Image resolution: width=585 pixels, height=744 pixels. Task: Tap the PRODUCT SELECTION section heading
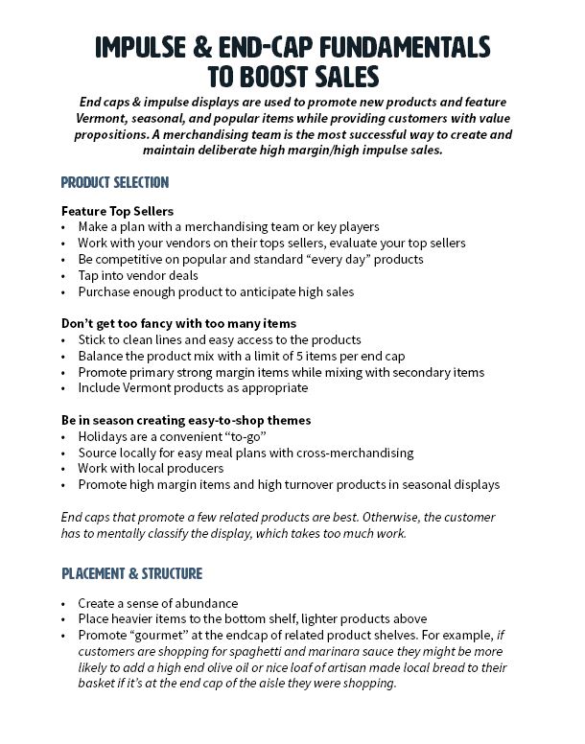tap(114, 182)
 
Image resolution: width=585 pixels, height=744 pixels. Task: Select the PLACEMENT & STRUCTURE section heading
tap(132, 573)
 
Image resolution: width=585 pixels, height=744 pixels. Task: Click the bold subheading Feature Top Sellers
tap(117, 210)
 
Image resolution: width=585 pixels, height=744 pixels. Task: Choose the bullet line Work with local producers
tap(151, 469)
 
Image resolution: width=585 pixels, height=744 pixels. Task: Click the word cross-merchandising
tap(348, 453)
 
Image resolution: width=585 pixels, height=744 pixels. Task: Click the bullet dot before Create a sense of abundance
tap(63, 604)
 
